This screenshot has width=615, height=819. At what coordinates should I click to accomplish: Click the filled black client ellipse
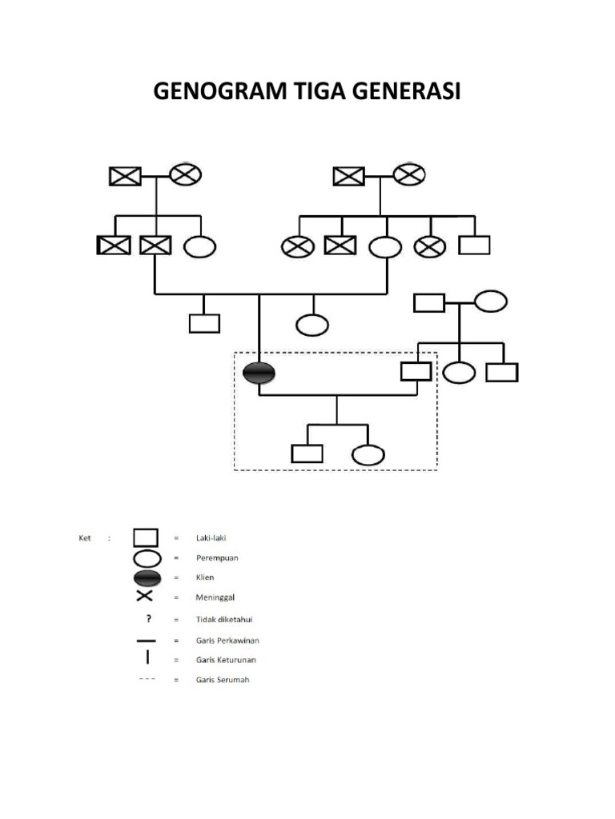(259, 372)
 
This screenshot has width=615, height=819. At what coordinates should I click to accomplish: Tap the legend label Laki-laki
(211, 538)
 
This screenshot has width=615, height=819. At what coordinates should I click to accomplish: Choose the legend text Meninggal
(214, 597)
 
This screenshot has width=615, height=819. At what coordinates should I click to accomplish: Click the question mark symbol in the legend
(148, 617)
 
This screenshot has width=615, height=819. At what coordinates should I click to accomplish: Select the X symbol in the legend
(145, 597)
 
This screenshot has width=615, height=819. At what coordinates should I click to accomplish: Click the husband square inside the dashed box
(416, 371)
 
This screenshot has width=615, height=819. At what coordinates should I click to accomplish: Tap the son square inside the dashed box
(307, 453)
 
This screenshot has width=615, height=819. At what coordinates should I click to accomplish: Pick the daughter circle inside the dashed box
(368, 454)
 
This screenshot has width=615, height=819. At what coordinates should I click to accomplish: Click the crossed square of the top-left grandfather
(125, 175)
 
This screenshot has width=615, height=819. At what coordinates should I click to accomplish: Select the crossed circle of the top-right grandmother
(408, 174)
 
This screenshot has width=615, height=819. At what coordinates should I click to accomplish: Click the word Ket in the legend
(85, 538)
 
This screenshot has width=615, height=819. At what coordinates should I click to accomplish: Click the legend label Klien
(205, 577)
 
